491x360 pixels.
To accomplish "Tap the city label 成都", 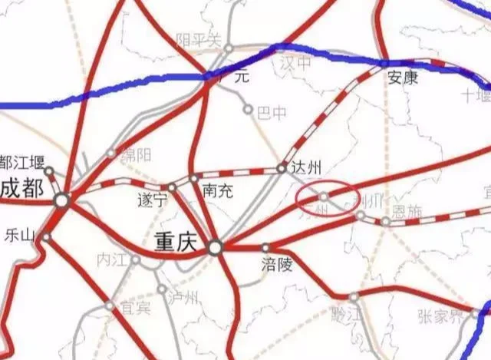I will click(x=20, y=188).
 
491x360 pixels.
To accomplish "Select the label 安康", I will click(x=403, y=77).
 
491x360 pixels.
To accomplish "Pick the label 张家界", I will click(x=440, y=314).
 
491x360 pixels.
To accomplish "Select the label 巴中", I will click(x=272, y=114).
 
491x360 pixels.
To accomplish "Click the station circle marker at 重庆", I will click(x=216, y=247).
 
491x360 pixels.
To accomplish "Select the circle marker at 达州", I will click(x=282, y=167).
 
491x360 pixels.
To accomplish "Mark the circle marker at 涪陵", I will click(x=265, y=248).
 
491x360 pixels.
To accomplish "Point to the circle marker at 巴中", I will click(x=248, y=110).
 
